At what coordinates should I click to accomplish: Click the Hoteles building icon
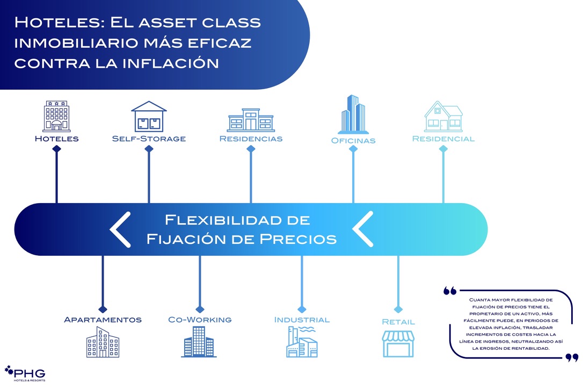click(56, 116)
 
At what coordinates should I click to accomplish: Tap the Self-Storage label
click(149, 139)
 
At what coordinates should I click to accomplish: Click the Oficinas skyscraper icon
click(353, 114)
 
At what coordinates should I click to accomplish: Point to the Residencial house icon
click(443, 116)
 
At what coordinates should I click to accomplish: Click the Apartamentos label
click(103, 320)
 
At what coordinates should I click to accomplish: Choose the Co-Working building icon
click(199, 342)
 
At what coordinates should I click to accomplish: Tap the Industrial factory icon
click(302, 342)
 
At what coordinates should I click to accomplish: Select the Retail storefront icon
click(398, 344)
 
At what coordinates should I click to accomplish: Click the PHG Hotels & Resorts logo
click(25, 374)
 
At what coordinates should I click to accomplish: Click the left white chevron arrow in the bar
click(121, 229)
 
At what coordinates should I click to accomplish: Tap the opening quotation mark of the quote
click(450, 291)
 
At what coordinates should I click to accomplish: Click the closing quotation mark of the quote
click(572, 358)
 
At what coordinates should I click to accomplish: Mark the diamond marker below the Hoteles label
click(56, 149)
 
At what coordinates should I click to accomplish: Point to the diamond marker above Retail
click(398, 309)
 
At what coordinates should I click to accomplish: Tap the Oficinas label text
click(353, 141)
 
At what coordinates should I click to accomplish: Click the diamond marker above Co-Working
click(200, 309)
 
